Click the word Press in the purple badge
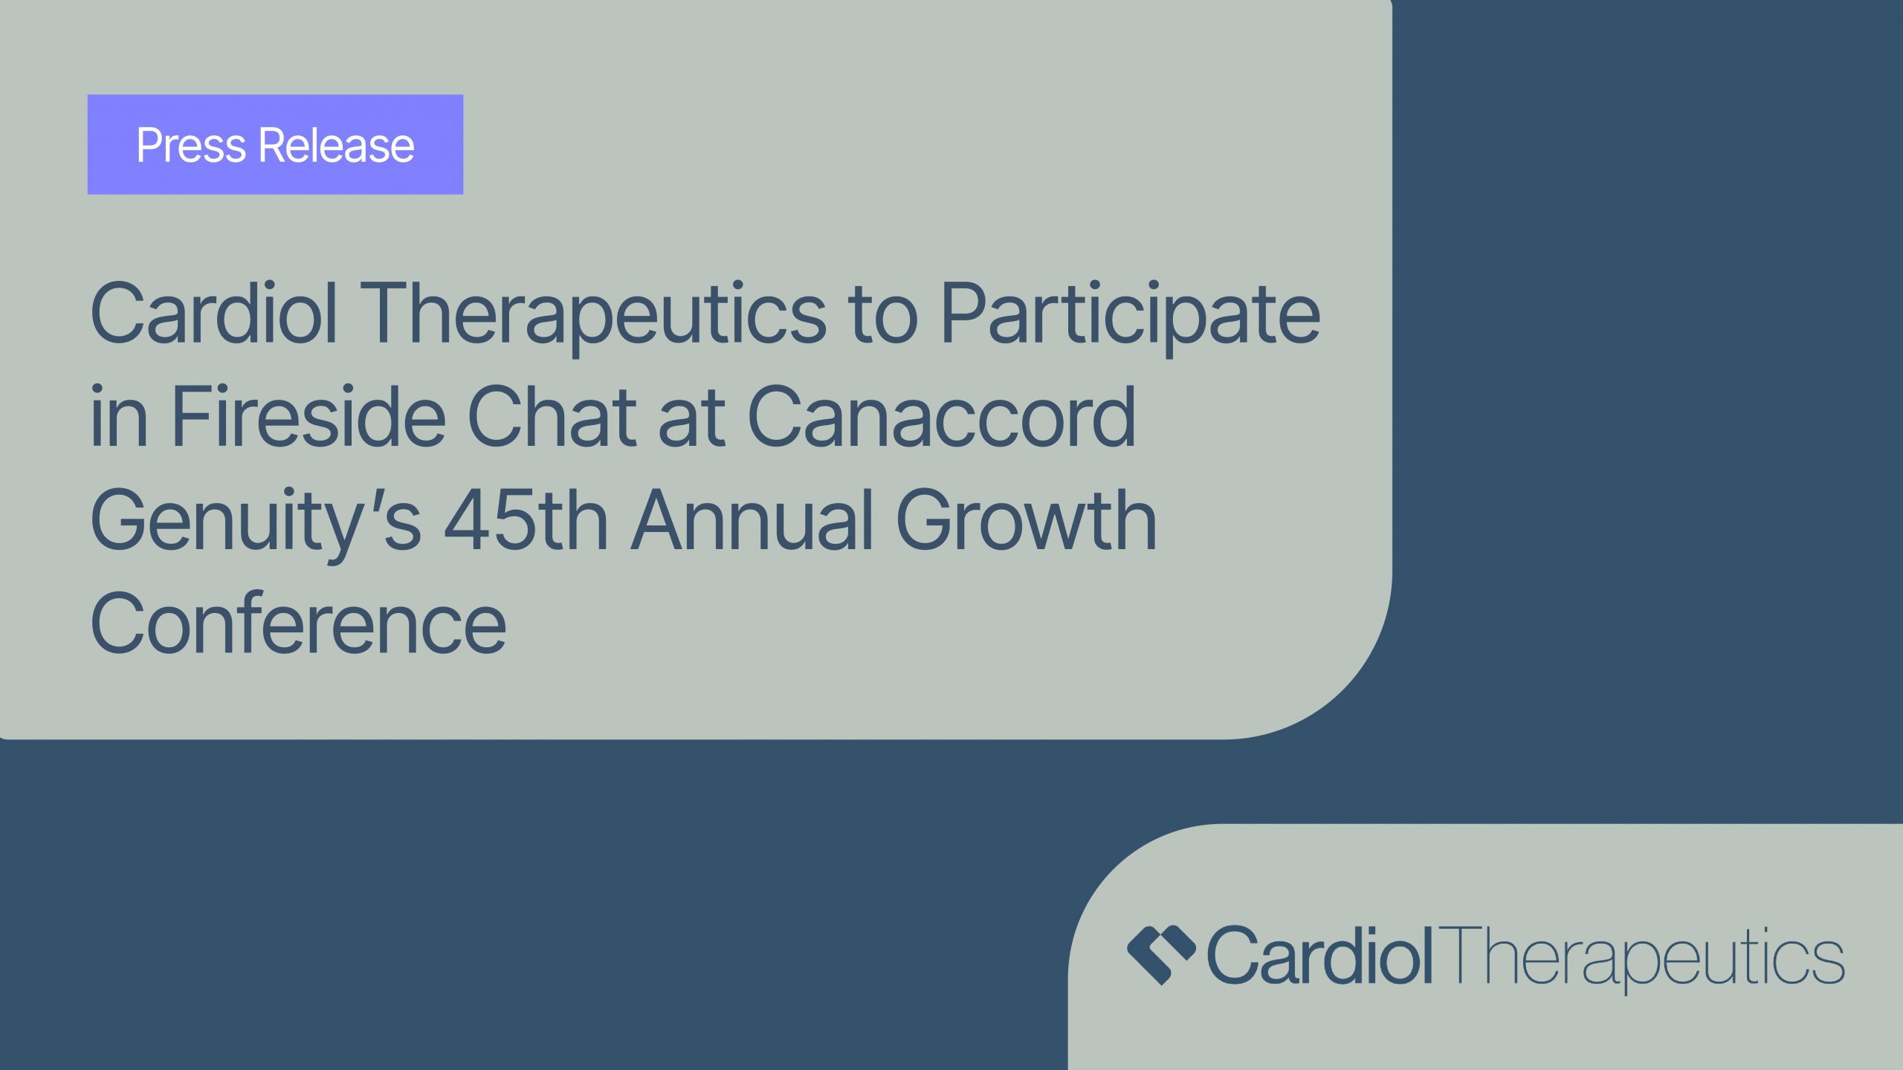pos(191,145)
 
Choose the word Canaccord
pos(941,418)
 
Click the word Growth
pos(1027,520)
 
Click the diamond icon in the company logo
pos(1161,955)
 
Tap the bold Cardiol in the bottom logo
pos(1319,956)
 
